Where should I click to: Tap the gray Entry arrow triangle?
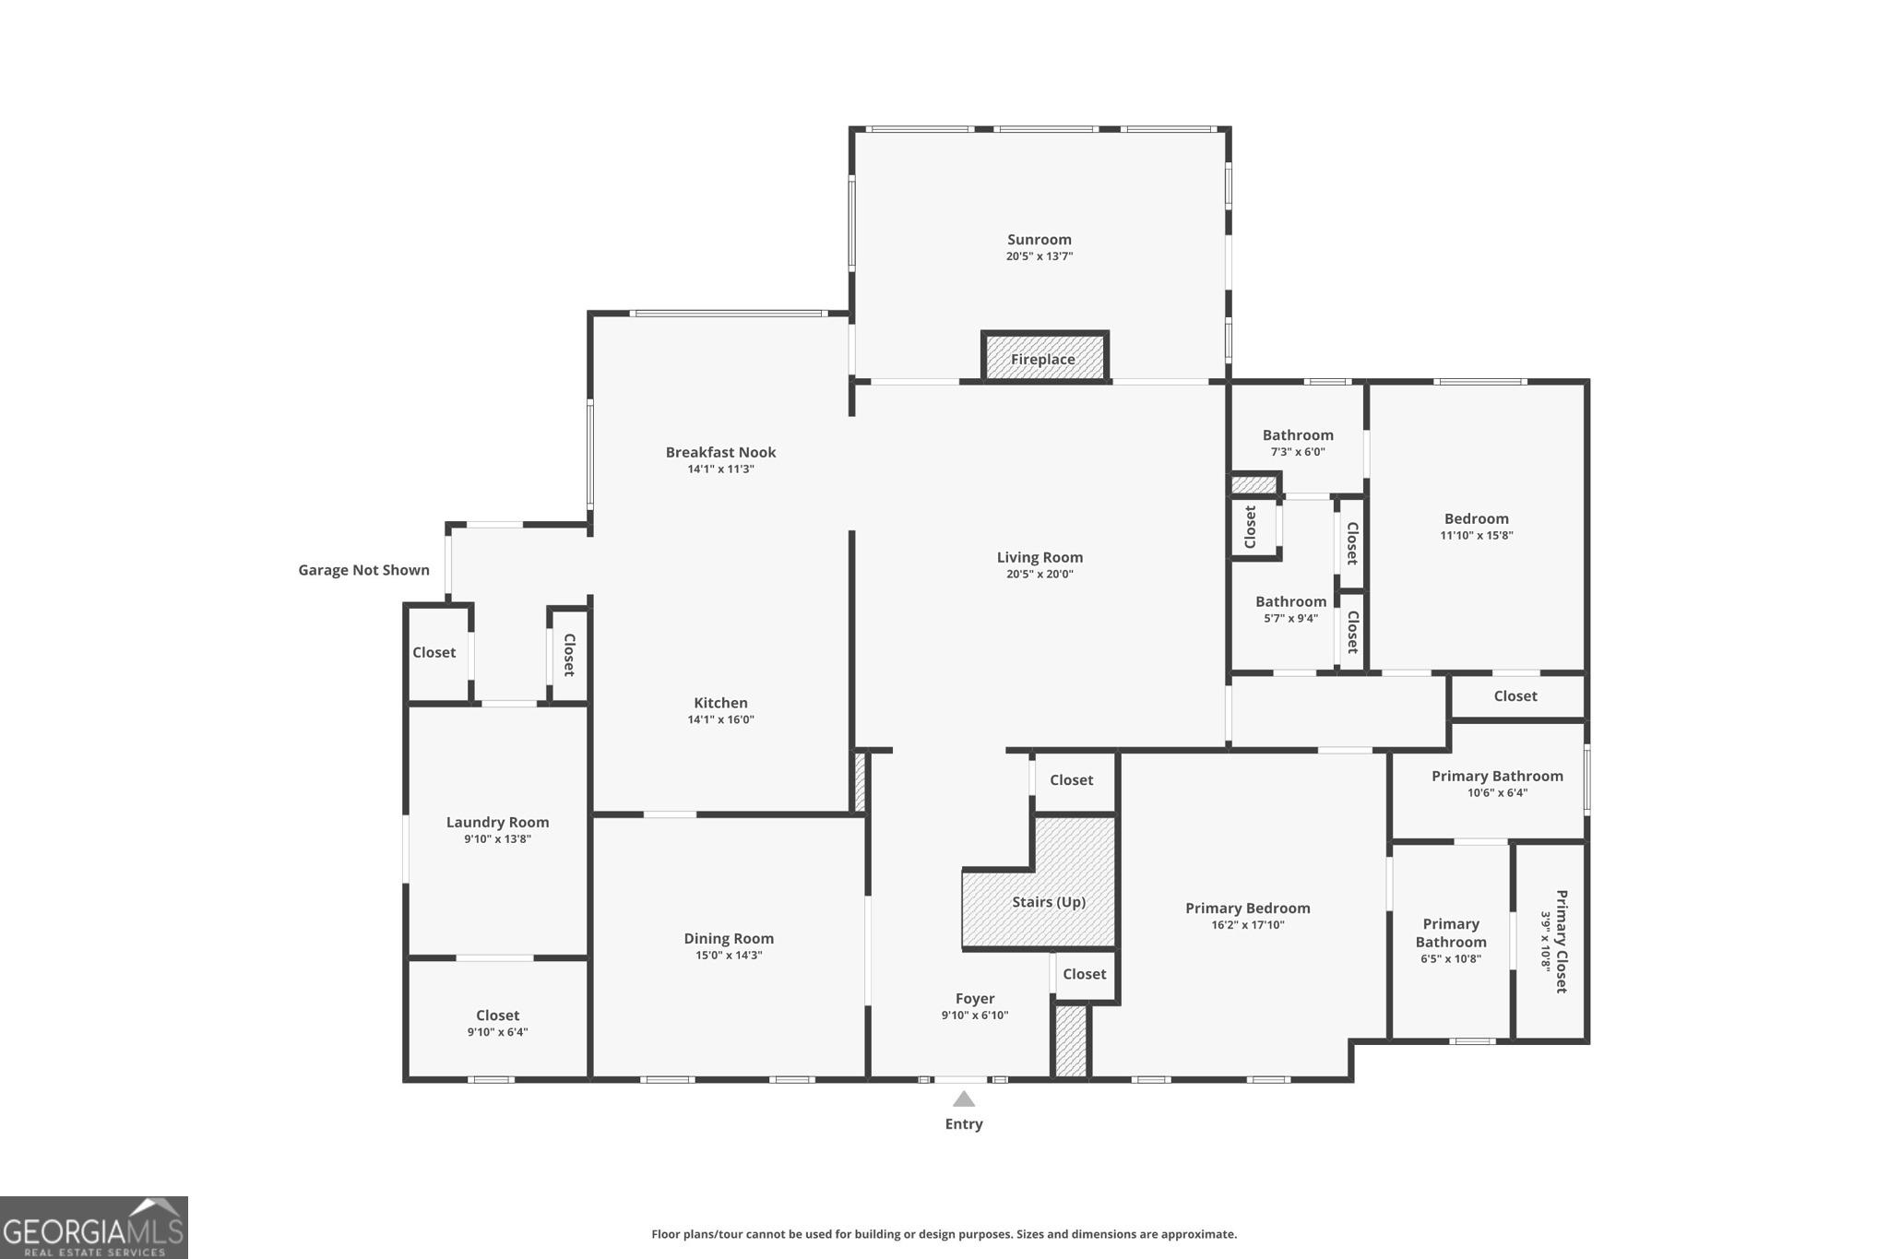pos(964,1099)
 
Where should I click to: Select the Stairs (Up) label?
pos(1049,902)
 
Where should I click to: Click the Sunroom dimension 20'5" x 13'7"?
pos(1040,256)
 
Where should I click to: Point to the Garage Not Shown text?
pos(363,570)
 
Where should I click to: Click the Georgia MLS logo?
pos(93,1228)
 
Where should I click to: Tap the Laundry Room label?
pos(497,822)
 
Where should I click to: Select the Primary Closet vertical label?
pos(1561,941)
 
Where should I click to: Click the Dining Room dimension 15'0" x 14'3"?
pos(729,956)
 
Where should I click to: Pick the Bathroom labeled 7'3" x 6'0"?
pos(1298,435)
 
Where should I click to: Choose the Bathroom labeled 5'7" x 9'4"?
pos(1290,602)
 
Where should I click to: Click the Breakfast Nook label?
pos(720,452)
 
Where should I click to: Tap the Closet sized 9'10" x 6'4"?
pos(497,1016)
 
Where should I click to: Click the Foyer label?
pos(975,999)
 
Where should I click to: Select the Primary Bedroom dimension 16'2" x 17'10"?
pos(1247,925)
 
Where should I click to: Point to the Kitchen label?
pos(720,703)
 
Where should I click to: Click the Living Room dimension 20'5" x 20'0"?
pos(1040,574)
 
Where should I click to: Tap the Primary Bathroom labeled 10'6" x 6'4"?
pos(1497,777)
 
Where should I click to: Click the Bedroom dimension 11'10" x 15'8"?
pos(1477,536)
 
